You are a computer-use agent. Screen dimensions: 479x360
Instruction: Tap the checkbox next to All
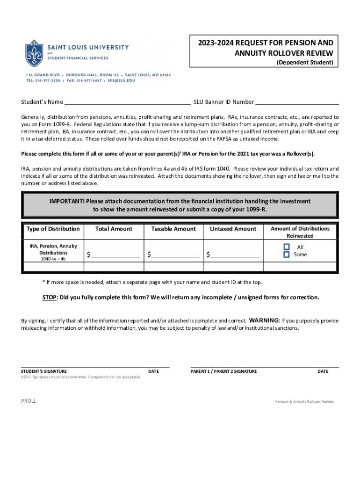(x=287, y=247)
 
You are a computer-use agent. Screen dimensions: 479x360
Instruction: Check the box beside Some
(x=287, y=254)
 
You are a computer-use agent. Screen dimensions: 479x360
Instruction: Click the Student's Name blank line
(x=127, y=102)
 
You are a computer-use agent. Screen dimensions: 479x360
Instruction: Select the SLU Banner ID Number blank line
(x=297, y=102)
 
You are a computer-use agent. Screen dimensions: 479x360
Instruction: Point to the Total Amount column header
(x=114, y=229)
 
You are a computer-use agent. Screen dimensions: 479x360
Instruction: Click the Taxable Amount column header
(x=173, y=229)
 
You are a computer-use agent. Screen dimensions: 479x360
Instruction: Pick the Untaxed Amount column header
(x=233, y=229)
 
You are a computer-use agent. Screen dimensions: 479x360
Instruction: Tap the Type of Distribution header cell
(x=53, y=229)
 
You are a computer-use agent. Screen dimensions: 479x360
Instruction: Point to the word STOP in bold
(x=50, y=298)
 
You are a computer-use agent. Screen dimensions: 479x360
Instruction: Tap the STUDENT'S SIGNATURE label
(x=44, y=371)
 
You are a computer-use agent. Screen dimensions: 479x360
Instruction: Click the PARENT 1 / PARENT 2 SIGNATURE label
(x=223, y=371)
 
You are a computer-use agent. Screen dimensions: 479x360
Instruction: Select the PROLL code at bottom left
(x=29, y=401)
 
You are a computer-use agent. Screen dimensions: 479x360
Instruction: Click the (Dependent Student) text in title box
(x=305, y=62)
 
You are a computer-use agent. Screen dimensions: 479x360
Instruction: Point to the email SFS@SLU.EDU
(x=121, y=80)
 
